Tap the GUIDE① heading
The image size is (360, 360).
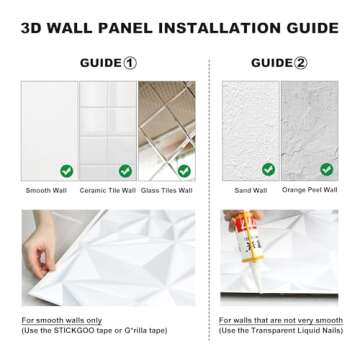(108, 63)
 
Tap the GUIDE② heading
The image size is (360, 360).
(279, 63)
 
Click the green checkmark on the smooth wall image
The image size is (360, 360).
(66, 171)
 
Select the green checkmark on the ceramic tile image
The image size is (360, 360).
(125, 171)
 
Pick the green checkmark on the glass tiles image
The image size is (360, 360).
(182, 171)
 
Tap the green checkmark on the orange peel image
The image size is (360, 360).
(326, 170)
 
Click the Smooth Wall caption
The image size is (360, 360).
(45, 190)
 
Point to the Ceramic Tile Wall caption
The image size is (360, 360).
(106, 190)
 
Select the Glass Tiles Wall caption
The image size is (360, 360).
(166, 190)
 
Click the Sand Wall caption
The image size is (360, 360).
(251, 190)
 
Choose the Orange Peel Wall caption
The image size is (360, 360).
(309, 190)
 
